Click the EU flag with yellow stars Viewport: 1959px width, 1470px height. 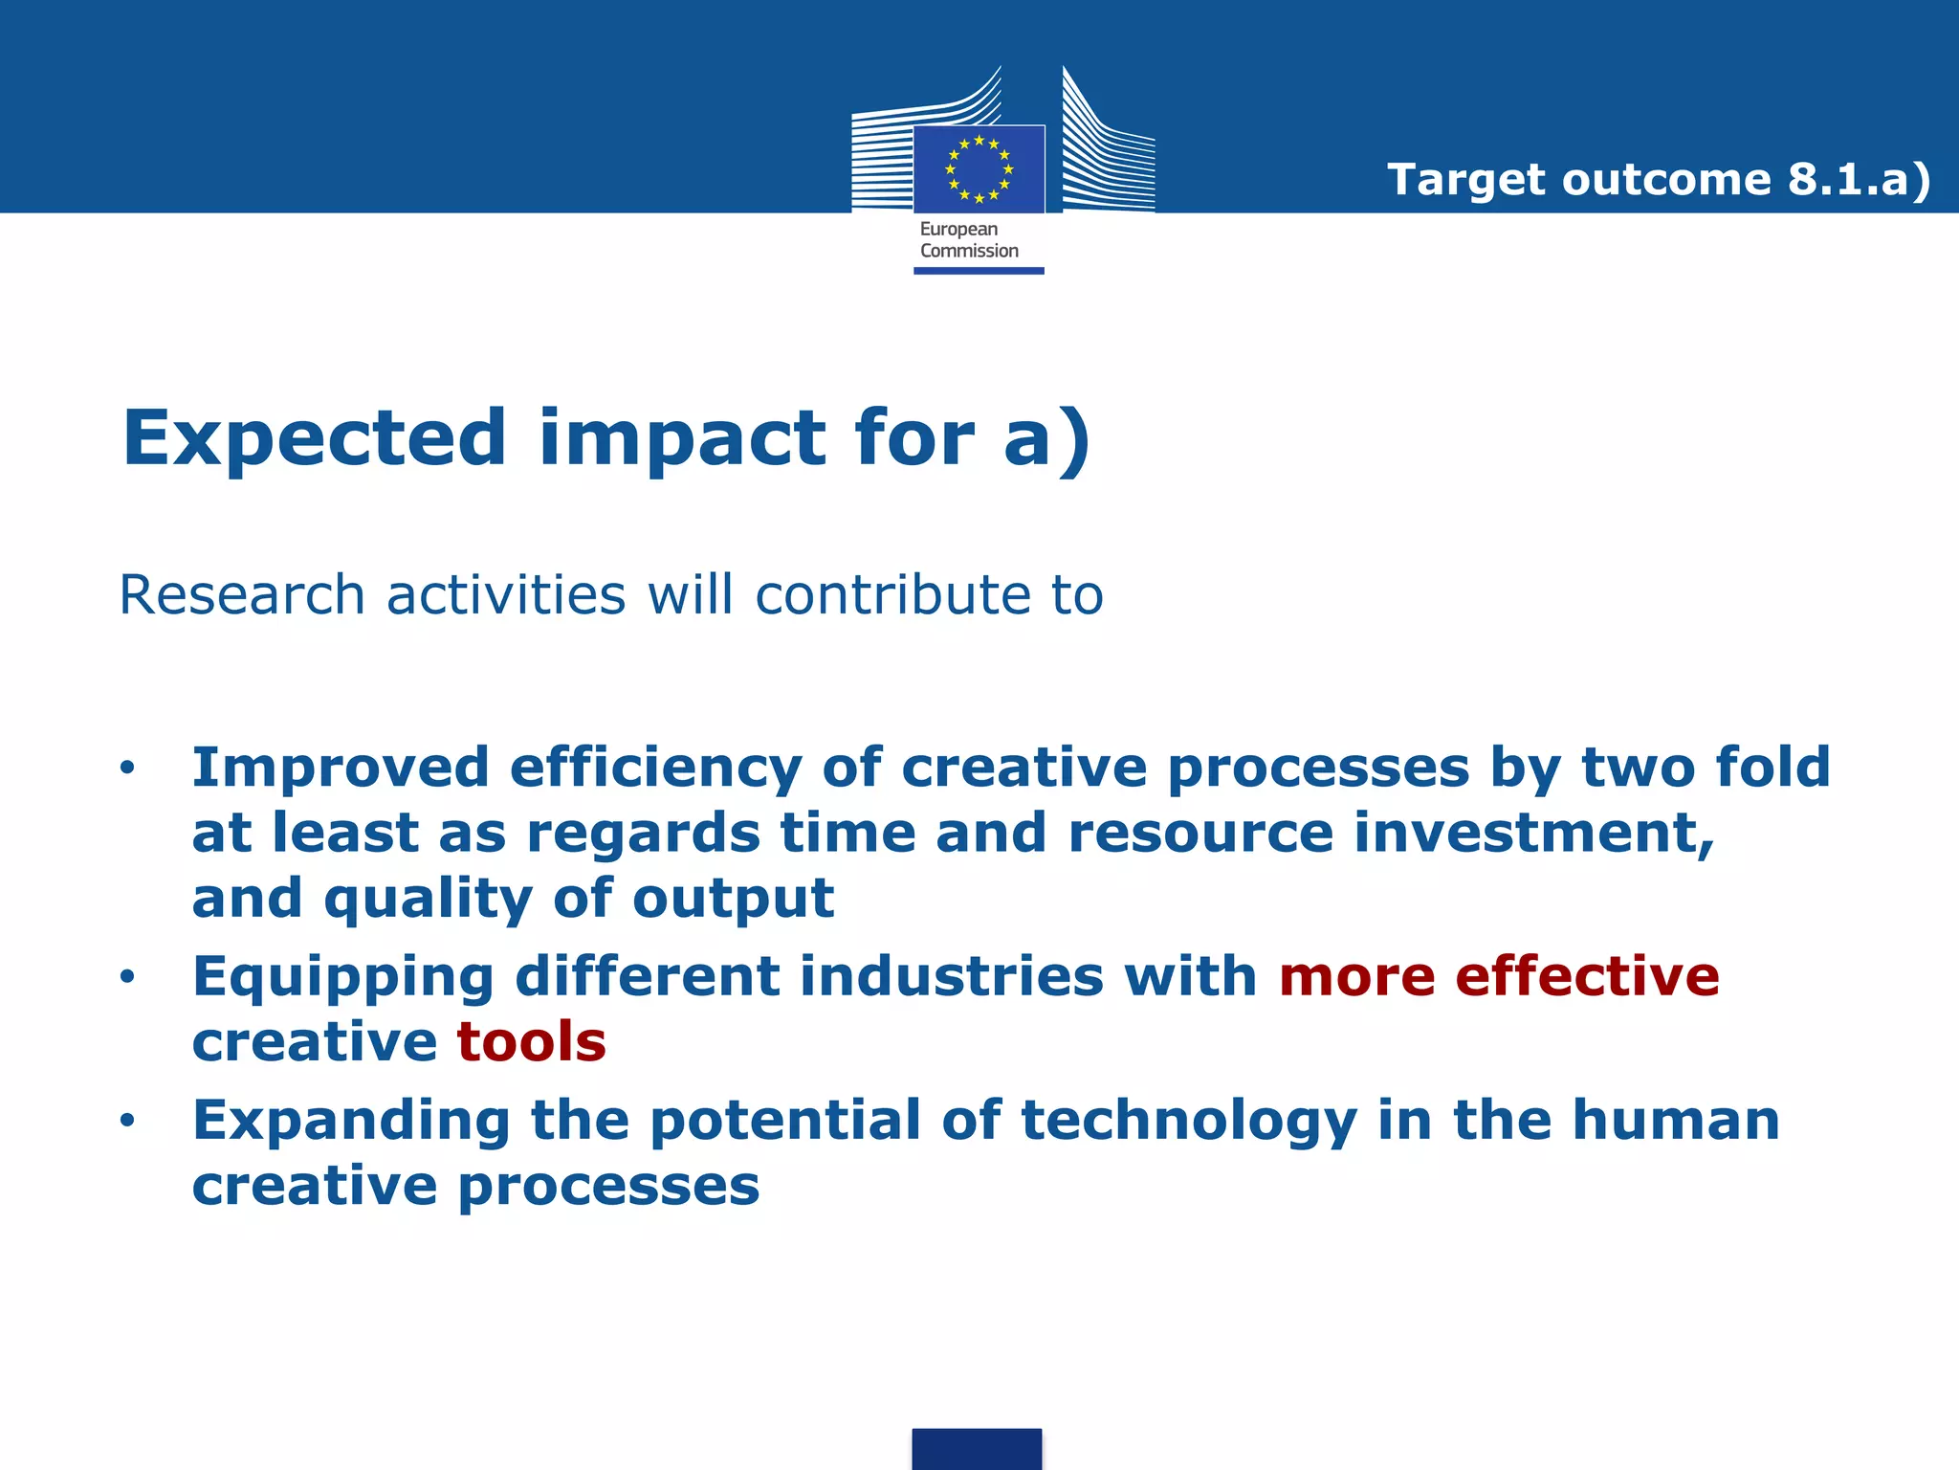click(x=979, y=169)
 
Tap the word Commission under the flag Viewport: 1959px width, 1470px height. click(x=969, y=251)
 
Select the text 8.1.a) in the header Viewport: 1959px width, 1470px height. click(x=1859, y=179)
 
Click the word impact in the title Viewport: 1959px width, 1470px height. click(x=682, y=438)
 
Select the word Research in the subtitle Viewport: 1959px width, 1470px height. click(x=242, y=594)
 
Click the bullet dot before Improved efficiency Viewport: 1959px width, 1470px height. click(x=127, y=768)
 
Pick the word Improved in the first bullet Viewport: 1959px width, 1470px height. click(x=340, y=768)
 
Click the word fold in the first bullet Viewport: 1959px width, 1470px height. click(x=1772, y=768)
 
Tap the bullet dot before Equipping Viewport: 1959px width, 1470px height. click(x=127, y=976)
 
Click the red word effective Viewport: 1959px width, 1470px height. click(x=1587, y=976)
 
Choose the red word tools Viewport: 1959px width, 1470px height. click(x=532, y=1041)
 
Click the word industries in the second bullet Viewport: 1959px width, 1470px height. click(x=952, y=976)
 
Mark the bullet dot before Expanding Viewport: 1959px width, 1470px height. click(x=127, y=1120)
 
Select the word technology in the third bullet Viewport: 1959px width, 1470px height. click(x=1189, y=1120)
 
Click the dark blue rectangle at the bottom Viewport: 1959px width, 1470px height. click(x=977, y=1448)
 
